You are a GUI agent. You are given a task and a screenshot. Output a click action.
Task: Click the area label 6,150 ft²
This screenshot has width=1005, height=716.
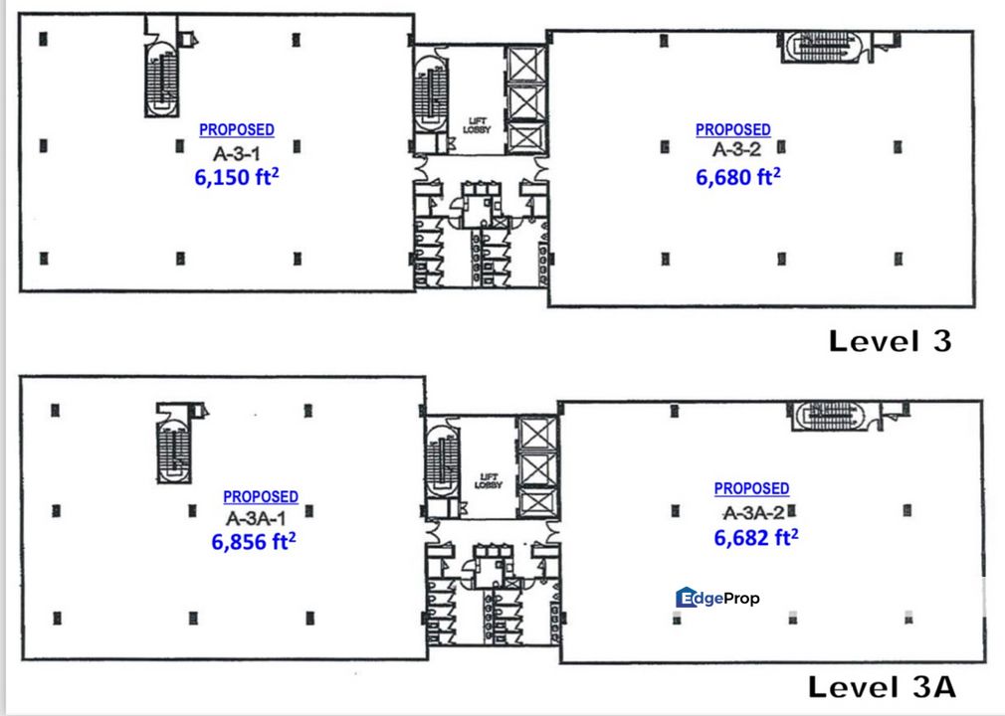tap(237, 176)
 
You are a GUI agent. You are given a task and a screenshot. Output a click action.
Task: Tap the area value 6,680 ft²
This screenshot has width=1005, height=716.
tap(737, 176)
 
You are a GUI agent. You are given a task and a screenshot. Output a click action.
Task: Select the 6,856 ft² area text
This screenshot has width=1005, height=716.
tap(253, 541)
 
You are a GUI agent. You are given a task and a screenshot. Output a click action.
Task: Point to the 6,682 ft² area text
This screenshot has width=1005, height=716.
tap(755, 537)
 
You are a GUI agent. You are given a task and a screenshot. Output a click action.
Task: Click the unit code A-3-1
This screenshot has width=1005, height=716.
tap(237, 153)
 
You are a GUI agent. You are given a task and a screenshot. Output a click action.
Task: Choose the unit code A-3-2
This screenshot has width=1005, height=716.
tap(736, 149)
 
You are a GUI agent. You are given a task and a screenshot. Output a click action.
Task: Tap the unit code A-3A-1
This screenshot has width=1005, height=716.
tap(256, 517)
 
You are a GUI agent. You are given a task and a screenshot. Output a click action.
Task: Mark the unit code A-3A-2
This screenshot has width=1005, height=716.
tap(753, 512)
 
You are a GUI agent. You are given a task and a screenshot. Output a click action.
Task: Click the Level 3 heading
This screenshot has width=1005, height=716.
tap(891, 341)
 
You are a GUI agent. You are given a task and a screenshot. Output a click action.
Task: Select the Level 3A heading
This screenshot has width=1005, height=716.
tap(882, 686)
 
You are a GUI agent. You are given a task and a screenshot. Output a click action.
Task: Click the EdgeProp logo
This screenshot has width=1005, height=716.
tap(717, 598)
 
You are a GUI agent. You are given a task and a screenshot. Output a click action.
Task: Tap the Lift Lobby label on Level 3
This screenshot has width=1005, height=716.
tap(477, 125)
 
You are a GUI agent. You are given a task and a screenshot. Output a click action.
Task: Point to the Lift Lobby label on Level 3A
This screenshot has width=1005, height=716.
tap(488, 481)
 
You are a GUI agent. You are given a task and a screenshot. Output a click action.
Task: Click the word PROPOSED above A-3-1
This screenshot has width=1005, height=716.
tap(237, 129)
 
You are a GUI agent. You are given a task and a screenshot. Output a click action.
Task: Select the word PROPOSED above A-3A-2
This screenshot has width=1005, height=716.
tap(752, 488)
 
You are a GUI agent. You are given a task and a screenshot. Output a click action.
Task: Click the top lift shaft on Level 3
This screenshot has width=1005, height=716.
tap(525, 64)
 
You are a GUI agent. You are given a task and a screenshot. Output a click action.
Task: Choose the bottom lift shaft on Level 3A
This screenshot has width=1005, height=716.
tap(537, 503)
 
